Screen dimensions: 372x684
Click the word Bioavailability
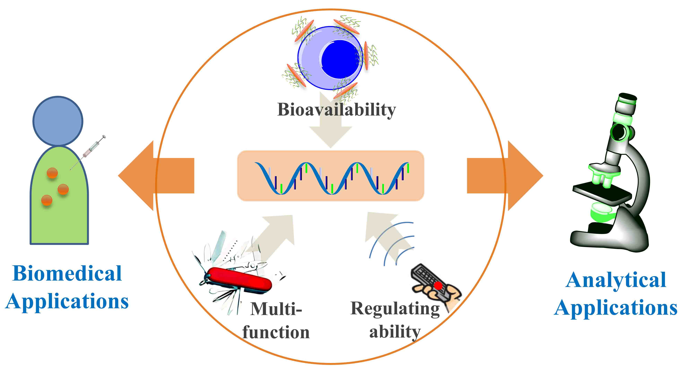tap(336, 110)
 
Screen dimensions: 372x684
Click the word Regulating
tap(395, 309)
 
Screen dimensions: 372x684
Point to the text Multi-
tap(276, 309)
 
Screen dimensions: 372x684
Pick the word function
tap(276, 332)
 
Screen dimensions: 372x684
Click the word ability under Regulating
tap(395, 332)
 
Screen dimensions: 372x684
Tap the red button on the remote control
tap(438, 286)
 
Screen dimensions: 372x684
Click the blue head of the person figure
tap(58, 121)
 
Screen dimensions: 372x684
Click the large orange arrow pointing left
tap(157, 176)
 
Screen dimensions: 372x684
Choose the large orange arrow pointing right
tap(504, 176)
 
